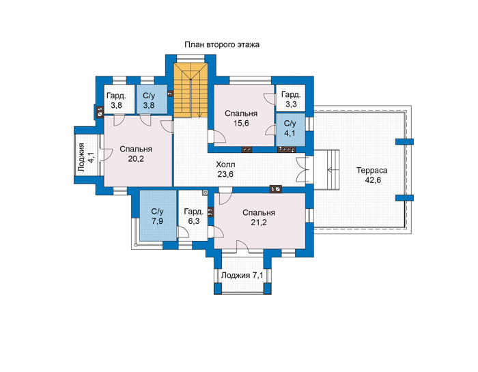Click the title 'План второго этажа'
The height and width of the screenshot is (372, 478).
pyautogui.click(x=222, y=45)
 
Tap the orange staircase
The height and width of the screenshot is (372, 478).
pyautogui.click(x=191, y=90)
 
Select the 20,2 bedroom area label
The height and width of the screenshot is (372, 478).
pyautogui.click(x=136, y=159)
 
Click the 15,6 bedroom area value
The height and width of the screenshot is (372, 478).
pyautogui.click(x=242, y=124)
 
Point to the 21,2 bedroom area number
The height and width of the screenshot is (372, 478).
pyautogui.click(x=259, y=223)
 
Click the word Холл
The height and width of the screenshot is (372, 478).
pyautogui.click(x=225, y=164)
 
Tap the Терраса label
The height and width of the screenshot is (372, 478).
pyautogui.click(x=372, y=171)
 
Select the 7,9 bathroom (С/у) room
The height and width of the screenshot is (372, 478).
pyautogui.click(x=158, y=216)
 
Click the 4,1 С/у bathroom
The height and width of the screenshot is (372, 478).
pyautogui.click(x=290, y=129)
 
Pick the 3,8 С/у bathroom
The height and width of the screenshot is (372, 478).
pyautogui.click(x=152, y=99)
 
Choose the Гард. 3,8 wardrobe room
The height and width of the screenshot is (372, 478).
pyautogui.click(x=119, y=99)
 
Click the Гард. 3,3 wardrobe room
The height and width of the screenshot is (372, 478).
pyautogui.click(x=290, y=98)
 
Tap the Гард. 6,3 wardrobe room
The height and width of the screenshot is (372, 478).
pyautogui.click(x=193, y=216)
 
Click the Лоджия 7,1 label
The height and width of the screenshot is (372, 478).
pyautogui.click(x=242, y=276)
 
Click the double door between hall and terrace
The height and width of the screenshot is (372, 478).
pyautogui.click(x=301, y=170)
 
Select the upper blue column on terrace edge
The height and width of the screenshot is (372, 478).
pyautogui.click(x=404, y=142)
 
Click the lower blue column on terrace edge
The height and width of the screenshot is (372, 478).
pyautogui.click(x=404, y=198)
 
